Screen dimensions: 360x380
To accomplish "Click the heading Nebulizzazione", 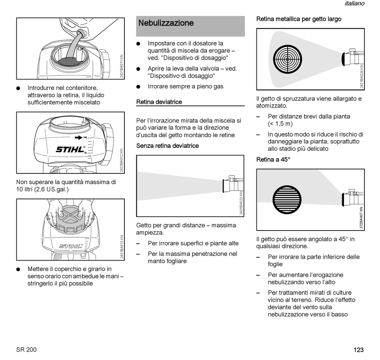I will [x=166, y=23].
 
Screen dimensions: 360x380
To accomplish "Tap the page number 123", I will [x=358, y=350].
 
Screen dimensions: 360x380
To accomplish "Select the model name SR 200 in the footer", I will [x=26, y=350].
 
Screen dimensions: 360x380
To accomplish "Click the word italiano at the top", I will [x=354, y=4].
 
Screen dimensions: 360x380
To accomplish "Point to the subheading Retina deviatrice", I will [x=159, y=102].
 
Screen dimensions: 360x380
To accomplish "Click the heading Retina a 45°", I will [x=273, y=159].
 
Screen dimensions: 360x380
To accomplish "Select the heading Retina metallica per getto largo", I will [x=298, y=19].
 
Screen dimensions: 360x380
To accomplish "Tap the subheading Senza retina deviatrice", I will [x=167, y=146].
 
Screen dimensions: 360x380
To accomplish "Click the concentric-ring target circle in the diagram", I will [x=287, y=60].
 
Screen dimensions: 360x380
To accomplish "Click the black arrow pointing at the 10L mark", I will [x=78, y=137].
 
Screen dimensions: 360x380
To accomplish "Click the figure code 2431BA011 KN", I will [x=122, y=66].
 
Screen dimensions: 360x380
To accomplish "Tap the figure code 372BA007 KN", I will [x=361, y=217].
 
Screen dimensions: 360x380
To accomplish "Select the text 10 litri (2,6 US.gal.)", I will [x=42, y=189].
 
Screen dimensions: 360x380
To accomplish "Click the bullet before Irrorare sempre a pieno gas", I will [x=138, y=87].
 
